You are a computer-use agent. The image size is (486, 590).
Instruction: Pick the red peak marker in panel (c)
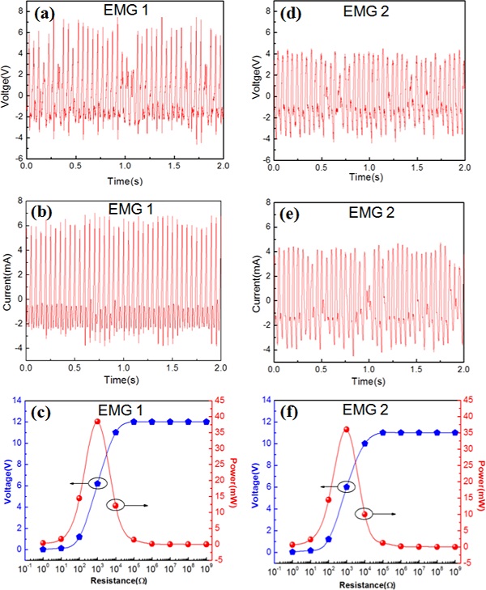pos(97,422)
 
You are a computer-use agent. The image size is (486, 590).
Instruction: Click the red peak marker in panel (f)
pos(346,430)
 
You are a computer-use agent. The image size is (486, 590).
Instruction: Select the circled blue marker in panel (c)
pos(98,483)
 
